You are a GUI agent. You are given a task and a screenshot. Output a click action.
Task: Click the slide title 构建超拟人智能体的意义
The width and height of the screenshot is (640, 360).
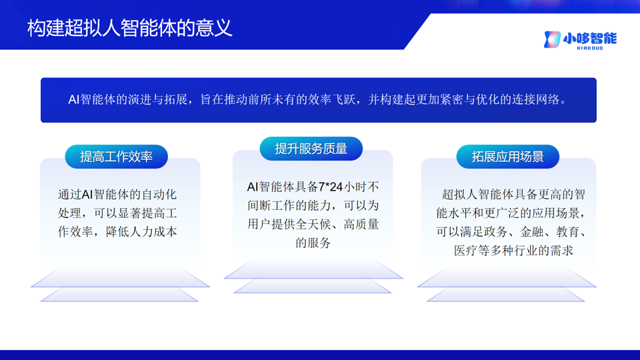(x=130, y=29)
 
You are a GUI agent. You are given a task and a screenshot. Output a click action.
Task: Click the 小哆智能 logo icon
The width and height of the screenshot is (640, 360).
(x=552, y=39)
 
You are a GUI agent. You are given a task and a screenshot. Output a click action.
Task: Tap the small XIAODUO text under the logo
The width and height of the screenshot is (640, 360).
(x=590, y=48)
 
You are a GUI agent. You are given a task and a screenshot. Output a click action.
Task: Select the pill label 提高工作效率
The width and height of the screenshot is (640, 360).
(x=116, y=157)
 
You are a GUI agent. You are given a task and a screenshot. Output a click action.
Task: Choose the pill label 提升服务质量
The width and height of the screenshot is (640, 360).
(x=311, y=149)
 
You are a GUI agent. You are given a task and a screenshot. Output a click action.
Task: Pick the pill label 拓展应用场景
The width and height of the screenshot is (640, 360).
(x=508, y=157)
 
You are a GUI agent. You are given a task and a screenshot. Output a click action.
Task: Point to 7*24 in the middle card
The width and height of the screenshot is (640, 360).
(x=330, y=187)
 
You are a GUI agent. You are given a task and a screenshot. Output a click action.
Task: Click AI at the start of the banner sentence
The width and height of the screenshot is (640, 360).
(x=73, y=99)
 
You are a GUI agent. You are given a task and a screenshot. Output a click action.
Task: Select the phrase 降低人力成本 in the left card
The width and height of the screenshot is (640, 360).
(x=141, y=232)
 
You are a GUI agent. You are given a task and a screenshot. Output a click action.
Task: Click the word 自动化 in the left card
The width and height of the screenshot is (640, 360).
(x=159, y=194)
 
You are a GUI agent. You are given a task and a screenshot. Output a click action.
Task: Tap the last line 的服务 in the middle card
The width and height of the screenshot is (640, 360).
(x=313, y=243)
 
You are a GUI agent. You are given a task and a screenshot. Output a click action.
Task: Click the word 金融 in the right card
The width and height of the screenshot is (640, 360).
(x=531, y=232)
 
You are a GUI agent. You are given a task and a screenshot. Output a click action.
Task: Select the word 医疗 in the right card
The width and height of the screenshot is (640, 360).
(x=466, y=251)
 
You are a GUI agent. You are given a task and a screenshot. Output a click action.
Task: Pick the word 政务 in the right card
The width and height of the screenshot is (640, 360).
(x=495, y=232)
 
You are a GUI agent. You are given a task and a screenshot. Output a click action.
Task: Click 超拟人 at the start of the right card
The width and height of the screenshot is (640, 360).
(x=459, y=194)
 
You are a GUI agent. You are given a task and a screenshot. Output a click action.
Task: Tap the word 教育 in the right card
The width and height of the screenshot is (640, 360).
(x=568, y=232)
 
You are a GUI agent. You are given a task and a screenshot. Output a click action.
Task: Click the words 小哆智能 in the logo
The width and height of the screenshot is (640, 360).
(x=590, y=39)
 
